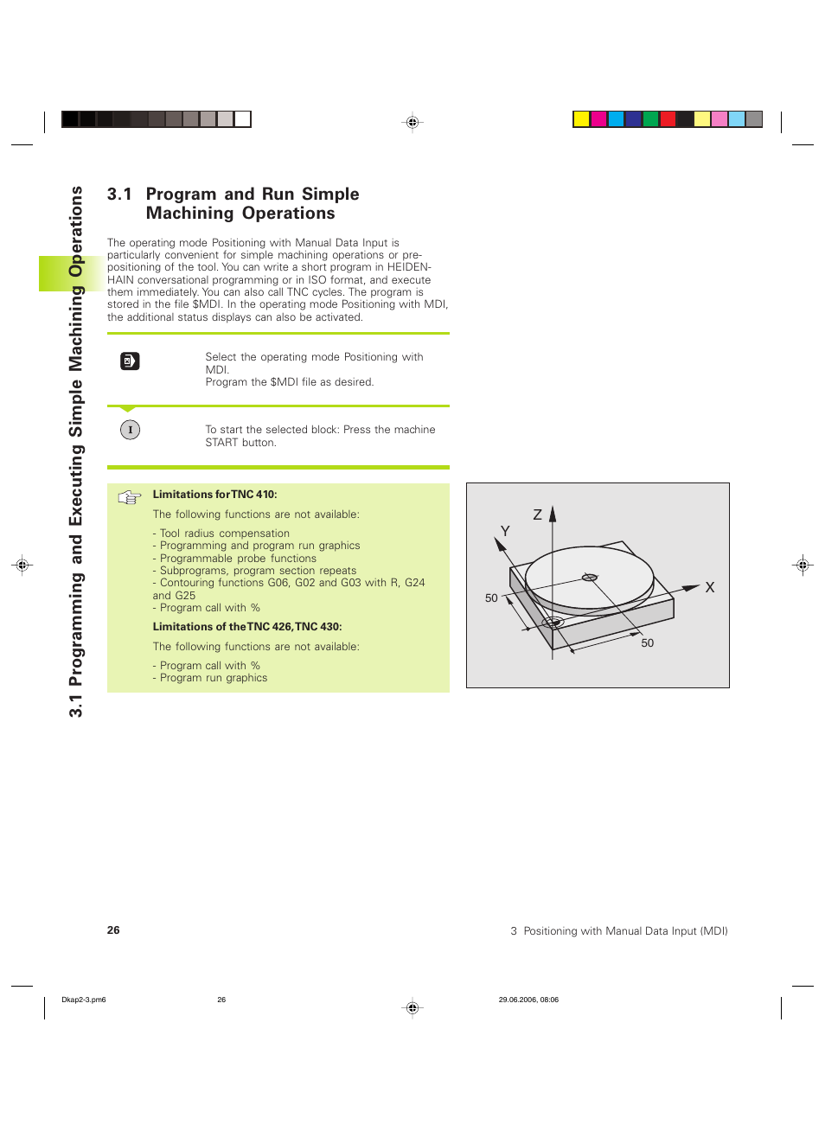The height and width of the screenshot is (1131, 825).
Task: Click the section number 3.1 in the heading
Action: pos(119,195)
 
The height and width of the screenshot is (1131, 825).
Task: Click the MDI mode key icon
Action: pos(130,361)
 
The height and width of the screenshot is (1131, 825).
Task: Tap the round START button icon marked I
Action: pos(130,430)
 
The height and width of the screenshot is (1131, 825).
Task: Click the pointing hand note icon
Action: pos(130,497)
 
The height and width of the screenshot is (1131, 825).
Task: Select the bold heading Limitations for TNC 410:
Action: pos(214,495)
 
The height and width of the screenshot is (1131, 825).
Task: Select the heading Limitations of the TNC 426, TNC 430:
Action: pos(246,627)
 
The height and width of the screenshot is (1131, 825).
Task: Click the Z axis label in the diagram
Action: pos(537,514)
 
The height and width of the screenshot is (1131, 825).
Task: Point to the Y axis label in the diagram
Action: pos(505,531)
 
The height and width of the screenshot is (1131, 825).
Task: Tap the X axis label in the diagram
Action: pos(709,587)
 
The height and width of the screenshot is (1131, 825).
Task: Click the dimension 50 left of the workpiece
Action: pos(491,598)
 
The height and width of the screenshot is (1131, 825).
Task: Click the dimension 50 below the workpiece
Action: pos(647,643)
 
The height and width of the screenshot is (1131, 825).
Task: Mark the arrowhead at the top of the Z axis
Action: pos(553,513)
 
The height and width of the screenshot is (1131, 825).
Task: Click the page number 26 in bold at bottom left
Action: pos(113,930)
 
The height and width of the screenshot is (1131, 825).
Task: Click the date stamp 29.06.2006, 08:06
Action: pos(528,1000)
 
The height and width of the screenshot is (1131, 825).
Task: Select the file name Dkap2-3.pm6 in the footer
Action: pos(84,1000)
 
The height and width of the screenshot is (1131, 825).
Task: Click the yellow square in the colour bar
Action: pos(581,119)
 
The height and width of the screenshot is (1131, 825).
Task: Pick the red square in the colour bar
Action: pos(668,119)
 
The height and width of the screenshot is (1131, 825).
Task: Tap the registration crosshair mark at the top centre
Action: pos(412,123)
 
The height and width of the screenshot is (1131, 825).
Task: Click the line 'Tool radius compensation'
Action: pos(224,534)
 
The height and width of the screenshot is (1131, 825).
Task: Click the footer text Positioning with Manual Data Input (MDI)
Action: pos(625,931)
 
